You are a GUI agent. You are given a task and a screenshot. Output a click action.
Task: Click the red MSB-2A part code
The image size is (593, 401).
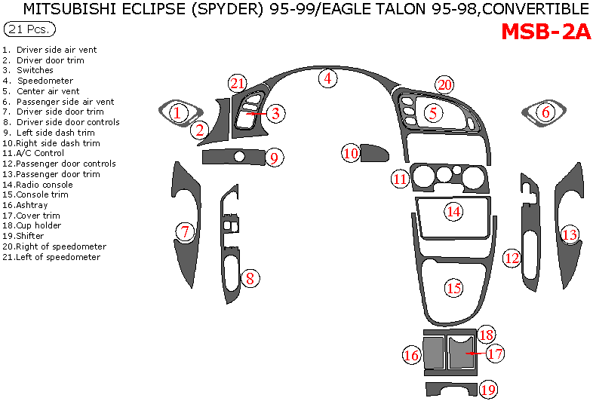pyautogui.click(x=545, y=32)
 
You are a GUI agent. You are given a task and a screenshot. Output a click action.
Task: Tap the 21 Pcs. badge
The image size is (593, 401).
pyautogui.click(x=29, y=29)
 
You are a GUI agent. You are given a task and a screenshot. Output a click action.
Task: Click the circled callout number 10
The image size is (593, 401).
pyautogui.click(x=351, y=153)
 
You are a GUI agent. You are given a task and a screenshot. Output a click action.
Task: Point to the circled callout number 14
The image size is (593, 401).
pyautogui.click(x=453, y=212)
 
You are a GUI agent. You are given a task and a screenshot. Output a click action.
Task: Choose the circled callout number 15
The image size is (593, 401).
pyautogui.click(x=453, y=287)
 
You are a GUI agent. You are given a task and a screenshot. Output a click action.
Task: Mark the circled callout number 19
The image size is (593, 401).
pyautogui.click(x=488, y=389)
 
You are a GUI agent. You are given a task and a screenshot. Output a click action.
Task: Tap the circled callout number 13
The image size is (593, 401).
pyautogui.click(x=569, y=234)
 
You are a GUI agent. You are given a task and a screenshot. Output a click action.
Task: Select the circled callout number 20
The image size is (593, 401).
pyautogui.click(x=444, y=84)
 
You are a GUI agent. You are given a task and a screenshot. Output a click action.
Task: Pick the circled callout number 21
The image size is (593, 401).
pyautogui.click(x=238, y=83)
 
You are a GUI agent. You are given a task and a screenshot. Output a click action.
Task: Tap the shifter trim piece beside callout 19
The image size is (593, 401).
pyautogui.click(x=450, y=390)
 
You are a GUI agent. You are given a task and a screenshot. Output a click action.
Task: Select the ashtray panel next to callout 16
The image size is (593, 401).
pyautogui.click(x=433, y=354)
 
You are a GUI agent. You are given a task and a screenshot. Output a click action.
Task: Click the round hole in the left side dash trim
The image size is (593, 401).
pyautogui.click(x=239, y=156)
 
